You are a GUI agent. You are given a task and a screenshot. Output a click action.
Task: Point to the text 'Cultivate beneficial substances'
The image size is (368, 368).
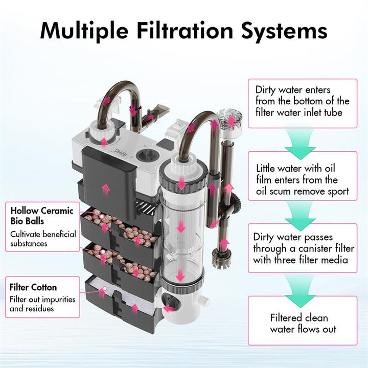point(43,239)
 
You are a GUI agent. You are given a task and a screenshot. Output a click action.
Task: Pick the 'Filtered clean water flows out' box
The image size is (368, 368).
point(303,323)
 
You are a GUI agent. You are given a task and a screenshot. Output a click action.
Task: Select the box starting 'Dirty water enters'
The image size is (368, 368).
point(303,101)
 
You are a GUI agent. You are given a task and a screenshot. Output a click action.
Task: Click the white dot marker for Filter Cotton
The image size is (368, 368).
point(104,290)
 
